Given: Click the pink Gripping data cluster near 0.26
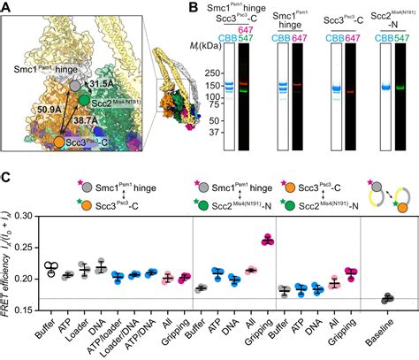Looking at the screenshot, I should [292, 239].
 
